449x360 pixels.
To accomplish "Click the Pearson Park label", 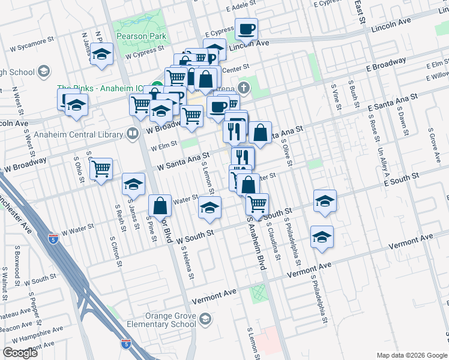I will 144,35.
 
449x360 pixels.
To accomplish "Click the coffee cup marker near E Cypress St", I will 246,28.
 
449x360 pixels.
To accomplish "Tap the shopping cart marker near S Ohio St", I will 101,169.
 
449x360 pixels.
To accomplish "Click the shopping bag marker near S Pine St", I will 160,206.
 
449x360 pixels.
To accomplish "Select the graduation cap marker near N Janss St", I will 102,55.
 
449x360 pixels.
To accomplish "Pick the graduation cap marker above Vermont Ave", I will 322,238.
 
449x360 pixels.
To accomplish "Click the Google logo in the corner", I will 20,353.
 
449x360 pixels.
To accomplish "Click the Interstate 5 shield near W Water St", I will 53,237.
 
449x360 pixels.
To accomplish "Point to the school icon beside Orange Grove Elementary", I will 206,317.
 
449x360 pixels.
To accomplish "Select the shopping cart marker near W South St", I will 257,204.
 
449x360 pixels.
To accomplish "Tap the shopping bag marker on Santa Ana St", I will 261,133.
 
